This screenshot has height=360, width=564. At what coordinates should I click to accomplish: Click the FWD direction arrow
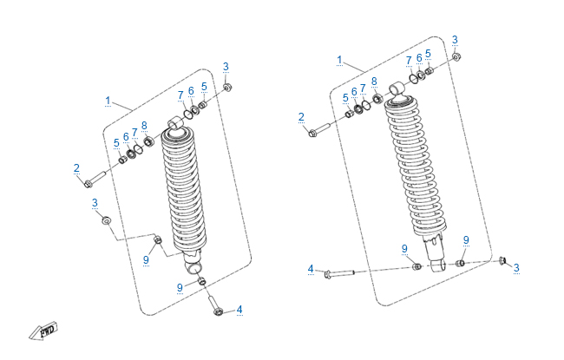[41, 331]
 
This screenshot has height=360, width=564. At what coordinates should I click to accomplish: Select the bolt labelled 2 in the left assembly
[94, 181]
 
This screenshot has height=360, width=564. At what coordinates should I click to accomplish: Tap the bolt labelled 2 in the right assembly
[318, 132]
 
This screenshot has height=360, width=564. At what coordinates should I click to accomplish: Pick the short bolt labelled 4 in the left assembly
[216, 310]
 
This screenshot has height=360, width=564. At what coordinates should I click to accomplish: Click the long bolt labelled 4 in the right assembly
[343, 273]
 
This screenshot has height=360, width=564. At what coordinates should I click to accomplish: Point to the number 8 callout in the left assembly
[144, 126]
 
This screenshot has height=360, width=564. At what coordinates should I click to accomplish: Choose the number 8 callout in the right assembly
[374, 81]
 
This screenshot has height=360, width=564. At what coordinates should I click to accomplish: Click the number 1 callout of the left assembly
[108, 101]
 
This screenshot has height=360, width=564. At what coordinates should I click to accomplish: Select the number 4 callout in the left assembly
[239, 310]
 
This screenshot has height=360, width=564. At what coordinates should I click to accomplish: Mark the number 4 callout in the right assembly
[311, 269]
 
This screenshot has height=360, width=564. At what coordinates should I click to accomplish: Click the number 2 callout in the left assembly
[76, 167]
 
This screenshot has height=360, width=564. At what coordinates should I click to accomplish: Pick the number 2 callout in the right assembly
[301, 117]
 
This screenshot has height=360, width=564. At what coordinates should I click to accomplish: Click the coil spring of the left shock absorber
[184, 191]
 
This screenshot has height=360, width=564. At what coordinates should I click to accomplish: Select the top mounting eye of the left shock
[176, 124]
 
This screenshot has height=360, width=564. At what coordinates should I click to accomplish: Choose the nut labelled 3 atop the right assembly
[457, 57]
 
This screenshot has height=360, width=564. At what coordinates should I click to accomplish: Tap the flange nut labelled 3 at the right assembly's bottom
[503, 260]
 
